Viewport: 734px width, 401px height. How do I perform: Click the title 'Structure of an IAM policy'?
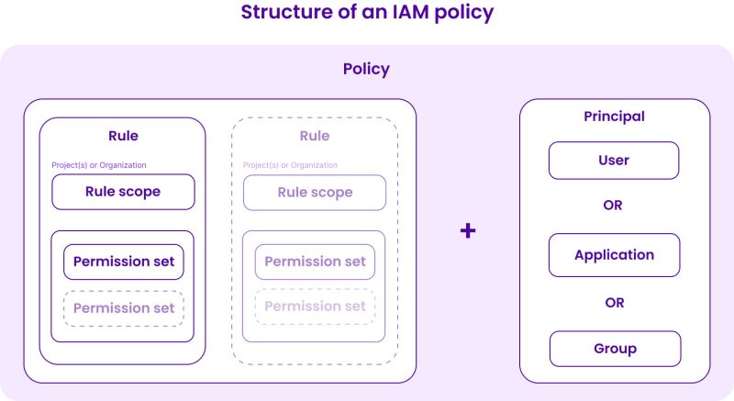[x=367, y=13]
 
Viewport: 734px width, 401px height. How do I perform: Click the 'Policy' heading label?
[x=366, y=69]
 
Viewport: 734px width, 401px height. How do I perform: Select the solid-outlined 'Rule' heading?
[x=123, y=136]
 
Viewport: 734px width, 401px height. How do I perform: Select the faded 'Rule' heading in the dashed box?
[x=315, y=136]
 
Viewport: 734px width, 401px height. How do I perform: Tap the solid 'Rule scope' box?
[x=123, y=192]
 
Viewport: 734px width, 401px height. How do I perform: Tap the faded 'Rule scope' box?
[x=315, y=193]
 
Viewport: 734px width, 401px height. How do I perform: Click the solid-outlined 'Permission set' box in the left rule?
[x=124, y=262]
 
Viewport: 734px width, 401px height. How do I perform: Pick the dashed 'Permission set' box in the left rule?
[x=124, y=308]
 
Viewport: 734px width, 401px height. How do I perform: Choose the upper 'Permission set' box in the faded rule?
[x=315, y=262]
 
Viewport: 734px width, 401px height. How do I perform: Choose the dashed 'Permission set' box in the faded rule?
[x=315, y=306]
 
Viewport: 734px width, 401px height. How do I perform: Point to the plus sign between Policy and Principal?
[x=468, y=230]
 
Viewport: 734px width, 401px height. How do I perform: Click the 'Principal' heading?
[x=614, y=117]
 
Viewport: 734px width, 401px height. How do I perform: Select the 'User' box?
[x=614, y=161]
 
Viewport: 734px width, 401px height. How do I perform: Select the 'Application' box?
[x=614, y=255]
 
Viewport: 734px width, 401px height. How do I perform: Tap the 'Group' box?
[x=614, y=349]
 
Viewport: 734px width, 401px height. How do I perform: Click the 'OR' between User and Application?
[x=613, y=206]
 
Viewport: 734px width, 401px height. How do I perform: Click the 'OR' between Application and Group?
[x=613, y=302]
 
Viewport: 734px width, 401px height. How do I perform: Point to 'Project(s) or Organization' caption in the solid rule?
[x=99, y=165]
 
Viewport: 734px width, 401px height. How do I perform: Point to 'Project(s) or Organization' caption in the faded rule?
[x=291, y=165]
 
